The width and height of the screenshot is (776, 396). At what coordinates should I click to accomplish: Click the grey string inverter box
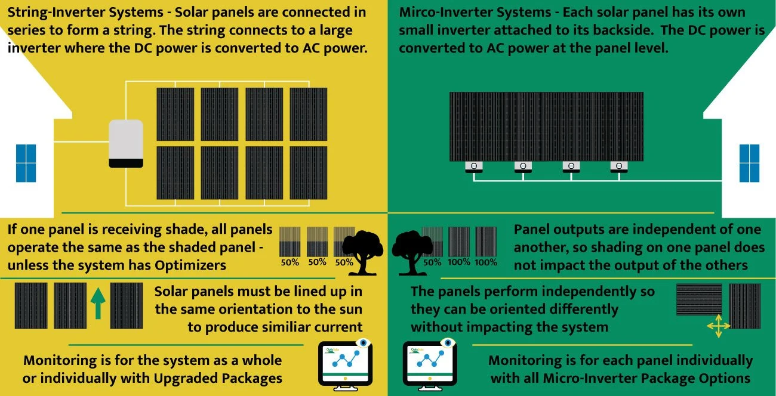tap(126, 143)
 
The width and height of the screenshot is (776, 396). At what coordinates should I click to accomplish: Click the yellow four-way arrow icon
tap(718, 327)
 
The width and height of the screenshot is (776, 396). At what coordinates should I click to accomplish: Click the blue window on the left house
tap(26, 163)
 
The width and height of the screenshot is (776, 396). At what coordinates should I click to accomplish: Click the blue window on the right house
tap(749, 163)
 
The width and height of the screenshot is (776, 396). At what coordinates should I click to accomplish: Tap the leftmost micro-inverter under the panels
tap(474, 167)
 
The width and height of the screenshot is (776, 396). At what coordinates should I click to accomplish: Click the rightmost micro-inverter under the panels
tap(619, 167)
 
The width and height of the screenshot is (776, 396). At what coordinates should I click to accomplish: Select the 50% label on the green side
tap(432, 262)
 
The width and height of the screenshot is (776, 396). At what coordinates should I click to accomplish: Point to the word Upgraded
tap(180, 378)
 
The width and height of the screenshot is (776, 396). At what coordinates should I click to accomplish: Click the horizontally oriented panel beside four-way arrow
tap(699, 299)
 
